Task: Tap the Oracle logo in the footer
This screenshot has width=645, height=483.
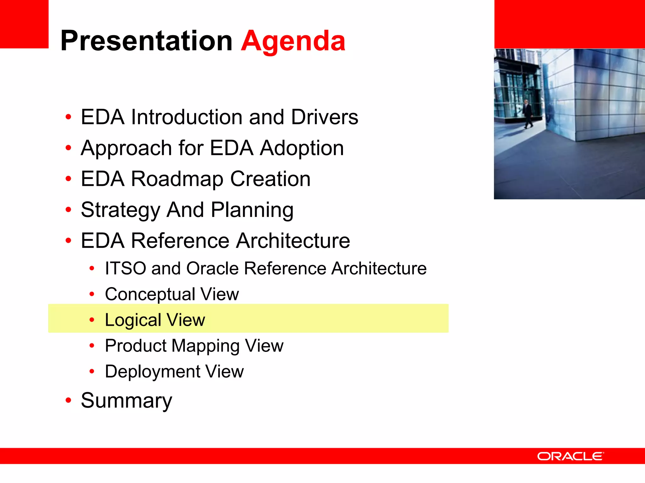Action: click(x=570, y=456)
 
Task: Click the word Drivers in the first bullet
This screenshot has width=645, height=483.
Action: click(x=324, y=117)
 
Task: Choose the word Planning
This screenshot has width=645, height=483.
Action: click(x=252, y=210)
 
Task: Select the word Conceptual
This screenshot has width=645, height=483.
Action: click(x=150, y=294)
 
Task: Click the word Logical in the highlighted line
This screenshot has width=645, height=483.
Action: click(x=133, y=320)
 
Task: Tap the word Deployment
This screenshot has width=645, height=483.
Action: click(x=152, y=372)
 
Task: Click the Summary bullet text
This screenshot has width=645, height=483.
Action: click(x=126, y=401)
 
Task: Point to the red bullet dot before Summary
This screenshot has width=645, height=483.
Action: click(x=68, y=400)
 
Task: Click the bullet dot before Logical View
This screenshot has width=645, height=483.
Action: click(x=92, y=320)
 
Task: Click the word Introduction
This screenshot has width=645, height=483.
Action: click(x=187, y=117)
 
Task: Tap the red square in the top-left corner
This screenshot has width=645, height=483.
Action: click(x=24, y=24)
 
